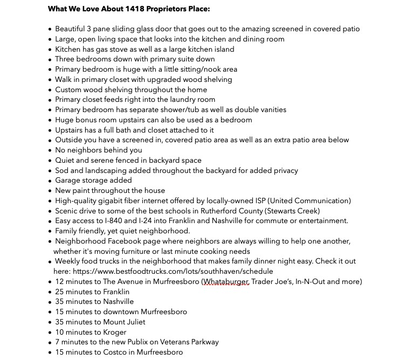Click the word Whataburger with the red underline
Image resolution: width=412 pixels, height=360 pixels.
click(225, 281)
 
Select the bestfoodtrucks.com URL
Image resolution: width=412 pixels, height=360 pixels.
click(173, 271)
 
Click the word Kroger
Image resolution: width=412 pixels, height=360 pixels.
click(114, 332)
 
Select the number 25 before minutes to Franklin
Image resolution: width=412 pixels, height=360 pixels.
click(60, 292)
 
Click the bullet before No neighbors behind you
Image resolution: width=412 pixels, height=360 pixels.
click(50, 150)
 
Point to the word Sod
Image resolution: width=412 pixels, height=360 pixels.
click(62, 170)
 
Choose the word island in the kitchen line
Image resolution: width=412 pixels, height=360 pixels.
click(222, 49)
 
